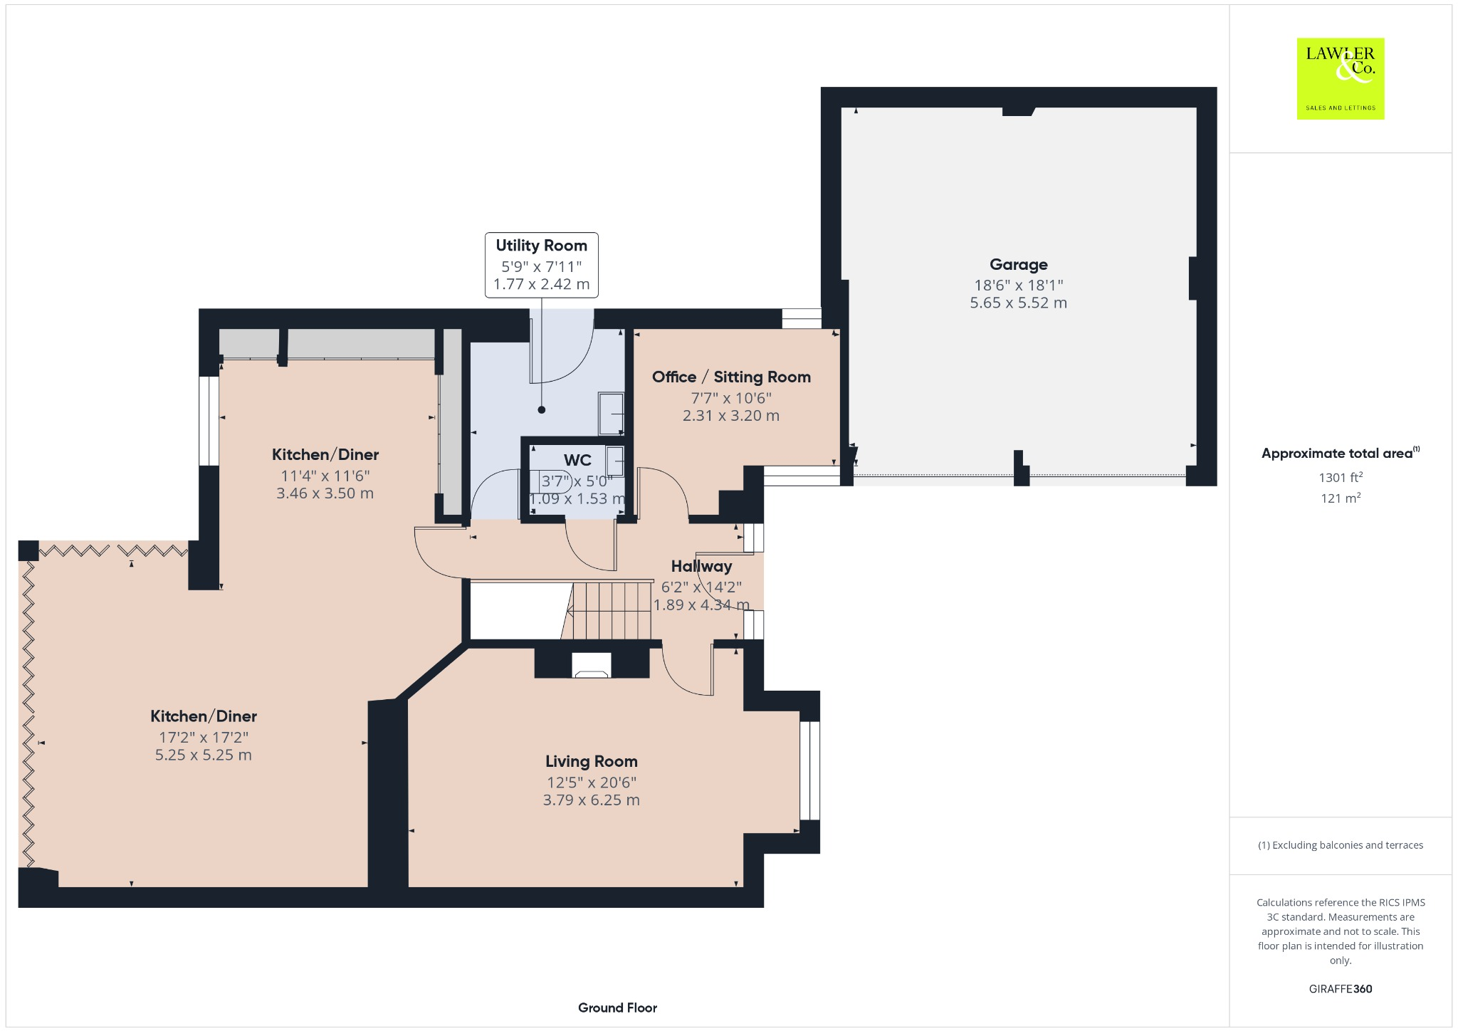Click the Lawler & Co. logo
(x=1340, y=78)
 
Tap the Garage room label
(x=1018, y=265)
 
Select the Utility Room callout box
(x=541, y=265)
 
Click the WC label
(x=577, y=460)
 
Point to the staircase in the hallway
(x=610, y=611)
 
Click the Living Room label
(x=591, y=761)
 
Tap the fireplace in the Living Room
(x=592, y=666)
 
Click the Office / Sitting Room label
(x=731, y=377)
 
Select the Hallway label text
(x=701, y=567)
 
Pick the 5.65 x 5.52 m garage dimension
(x=1018, y=303)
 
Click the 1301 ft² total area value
(x=1340, y=478)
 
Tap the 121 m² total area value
(x=1340, y=498)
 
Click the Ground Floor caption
(x=617, y=1008)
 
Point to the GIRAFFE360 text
(x=1340, y=989)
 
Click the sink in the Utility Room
(x=611, y=413)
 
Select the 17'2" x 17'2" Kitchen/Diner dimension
(x=204, y=738)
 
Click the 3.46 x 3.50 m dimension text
(x=325, y=493)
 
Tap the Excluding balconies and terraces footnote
(x=1340, y=845)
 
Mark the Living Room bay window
(x=809, y=771)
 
